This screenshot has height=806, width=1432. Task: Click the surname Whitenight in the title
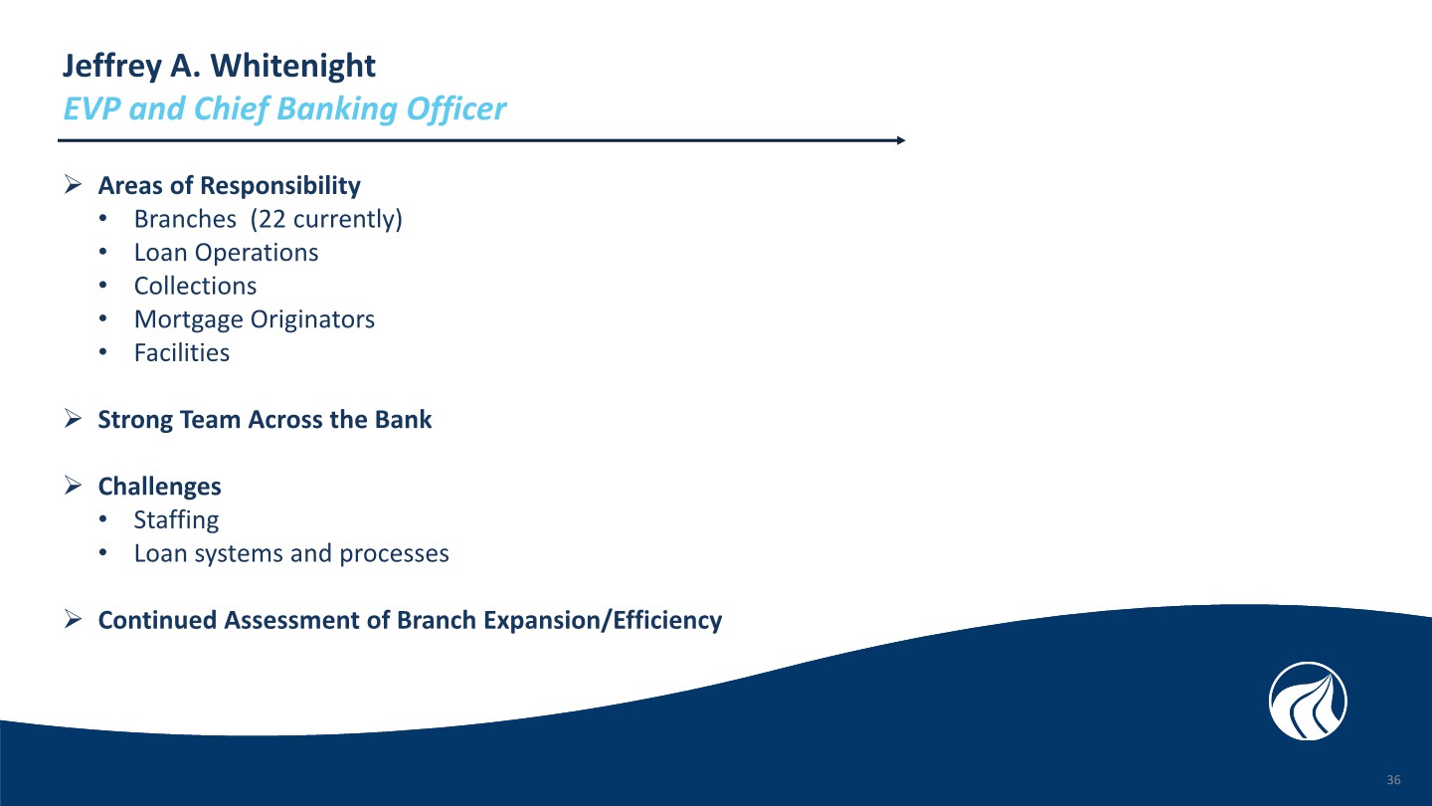pos(293,67)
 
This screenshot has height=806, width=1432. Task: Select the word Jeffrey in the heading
pos(111,67)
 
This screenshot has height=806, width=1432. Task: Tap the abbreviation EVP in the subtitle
pos(91,108)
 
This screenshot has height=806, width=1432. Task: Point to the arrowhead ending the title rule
pos(901,140)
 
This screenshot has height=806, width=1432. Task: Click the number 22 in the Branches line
pos(271,219)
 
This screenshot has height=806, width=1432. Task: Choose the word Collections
pos(195,286)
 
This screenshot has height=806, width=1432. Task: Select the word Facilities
pos(182,352)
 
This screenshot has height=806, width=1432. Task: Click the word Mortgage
pos(189,319)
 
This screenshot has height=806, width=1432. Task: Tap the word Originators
pos(312,319)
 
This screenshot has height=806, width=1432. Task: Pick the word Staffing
pos(176,520)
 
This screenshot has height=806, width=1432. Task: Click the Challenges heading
pos(160,487)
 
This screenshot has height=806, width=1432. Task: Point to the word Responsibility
pos(280,185)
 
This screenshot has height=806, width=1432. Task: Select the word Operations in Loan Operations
pos(257,253)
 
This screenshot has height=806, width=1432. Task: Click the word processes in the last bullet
pos(394,553)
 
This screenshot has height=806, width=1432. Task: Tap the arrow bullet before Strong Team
pos(73,419)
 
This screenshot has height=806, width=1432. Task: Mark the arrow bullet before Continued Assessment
pos(73,619)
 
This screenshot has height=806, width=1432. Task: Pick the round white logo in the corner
pos(1308,702)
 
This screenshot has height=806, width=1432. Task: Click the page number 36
pos(1393,780)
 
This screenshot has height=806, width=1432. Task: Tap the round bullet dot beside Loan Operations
pos(103,253)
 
